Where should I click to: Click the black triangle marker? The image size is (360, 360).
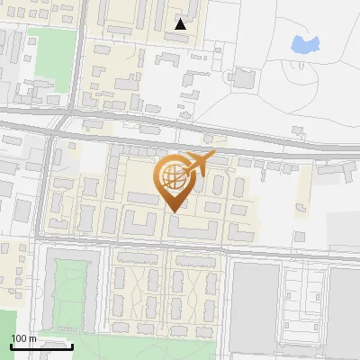182,24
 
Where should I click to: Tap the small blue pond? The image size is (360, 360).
305,42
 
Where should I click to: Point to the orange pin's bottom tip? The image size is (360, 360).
173,211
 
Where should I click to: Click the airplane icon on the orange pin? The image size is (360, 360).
198,164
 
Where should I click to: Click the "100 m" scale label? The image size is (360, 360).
23,337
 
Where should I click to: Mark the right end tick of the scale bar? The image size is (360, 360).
72,345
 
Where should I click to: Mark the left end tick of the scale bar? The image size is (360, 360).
11,345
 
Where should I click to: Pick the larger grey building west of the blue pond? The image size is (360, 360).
241,78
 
